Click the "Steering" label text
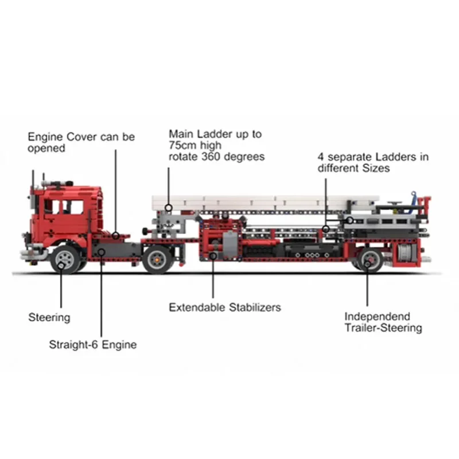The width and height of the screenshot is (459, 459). (x=49, y=317)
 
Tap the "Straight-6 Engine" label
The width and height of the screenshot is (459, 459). (x=92, y=345)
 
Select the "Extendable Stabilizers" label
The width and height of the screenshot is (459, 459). (x=225, y=308)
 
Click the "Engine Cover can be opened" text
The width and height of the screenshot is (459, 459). (x=81, y=142)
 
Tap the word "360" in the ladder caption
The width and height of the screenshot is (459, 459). (x=212, y=156)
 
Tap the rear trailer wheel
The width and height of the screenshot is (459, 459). (x=369, y=259)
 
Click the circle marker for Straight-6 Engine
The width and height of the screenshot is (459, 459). (x=101, y=251)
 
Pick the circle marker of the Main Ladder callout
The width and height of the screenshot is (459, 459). (x=169, y=207)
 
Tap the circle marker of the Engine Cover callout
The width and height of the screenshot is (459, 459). (x=115, y=235)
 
